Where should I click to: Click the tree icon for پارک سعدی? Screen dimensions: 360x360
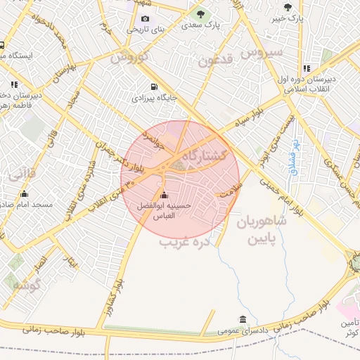[x=200, y=14]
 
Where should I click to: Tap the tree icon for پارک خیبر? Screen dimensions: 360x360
[x=287, y=6]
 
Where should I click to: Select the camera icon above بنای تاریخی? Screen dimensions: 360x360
[x=145, y=18]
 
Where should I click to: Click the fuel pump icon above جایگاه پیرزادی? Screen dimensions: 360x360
[x=154, y=87]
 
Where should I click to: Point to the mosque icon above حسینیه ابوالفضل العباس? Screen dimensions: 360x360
[x=165, y=195]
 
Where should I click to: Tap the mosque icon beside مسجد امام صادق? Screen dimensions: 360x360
[x=25, y=194]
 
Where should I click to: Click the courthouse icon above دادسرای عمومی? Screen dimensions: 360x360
[x=243, y=319]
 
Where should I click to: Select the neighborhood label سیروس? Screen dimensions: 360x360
[x=261, y=51]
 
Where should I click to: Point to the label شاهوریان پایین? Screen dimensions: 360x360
[x=262, y=230]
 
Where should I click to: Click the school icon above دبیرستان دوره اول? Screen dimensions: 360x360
[x=307, y=69]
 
